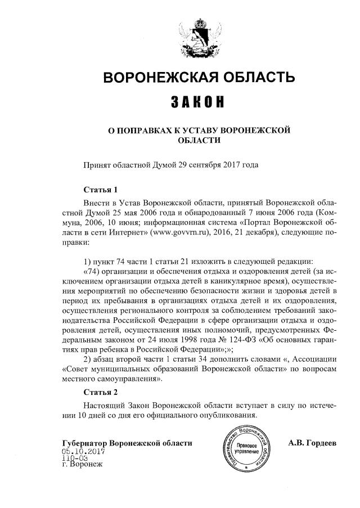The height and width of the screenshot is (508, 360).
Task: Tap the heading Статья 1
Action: (100, 190)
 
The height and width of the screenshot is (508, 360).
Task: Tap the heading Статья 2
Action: (100, 392)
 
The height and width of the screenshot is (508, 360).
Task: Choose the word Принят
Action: (97, 165)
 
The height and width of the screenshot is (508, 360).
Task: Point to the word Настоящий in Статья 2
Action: (105, 404)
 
